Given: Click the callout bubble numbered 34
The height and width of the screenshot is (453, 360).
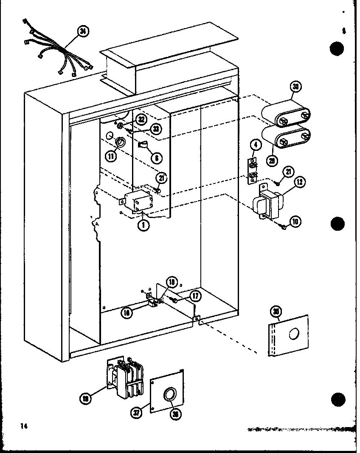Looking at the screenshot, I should (84, 31).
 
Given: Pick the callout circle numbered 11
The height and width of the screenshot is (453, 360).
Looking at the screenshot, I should (112, 156).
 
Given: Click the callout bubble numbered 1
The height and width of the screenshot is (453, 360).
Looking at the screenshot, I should (144, 225).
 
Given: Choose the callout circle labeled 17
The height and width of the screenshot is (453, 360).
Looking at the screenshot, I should (195, 295).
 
